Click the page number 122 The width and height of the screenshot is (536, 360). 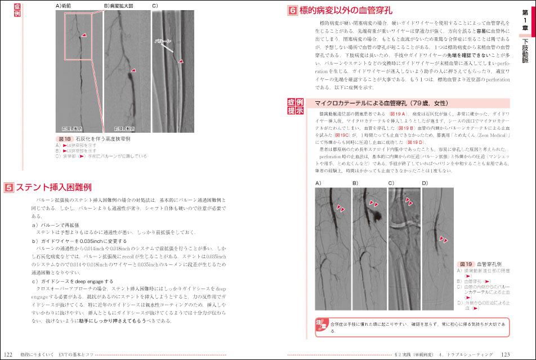click(x=8, y=354)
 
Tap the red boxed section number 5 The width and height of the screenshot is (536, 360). click(x=8, y=187)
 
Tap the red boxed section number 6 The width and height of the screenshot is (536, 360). click(x=292, y=11)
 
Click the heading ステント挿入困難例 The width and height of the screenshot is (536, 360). click(x=53, y=187)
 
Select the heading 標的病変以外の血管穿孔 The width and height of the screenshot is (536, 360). click(x=346, y=11)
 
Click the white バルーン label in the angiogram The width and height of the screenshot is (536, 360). click(x=162, y=42)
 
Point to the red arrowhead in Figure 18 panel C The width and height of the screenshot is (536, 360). click(x=181, y=61)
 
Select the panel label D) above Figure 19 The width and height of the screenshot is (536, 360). click(x=425, y=183)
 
